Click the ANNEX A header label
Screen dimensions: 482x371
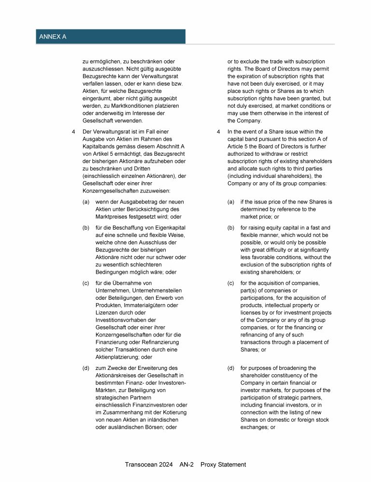[53, 36]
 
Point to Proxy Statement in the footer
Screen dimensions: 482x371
[223, 465]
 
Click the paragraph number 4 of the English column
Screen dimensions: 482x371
[218, 131]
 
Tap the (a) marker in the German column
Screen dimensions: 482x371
[86, 202]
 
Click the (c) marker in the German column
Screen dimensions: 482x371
[86, 283]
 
